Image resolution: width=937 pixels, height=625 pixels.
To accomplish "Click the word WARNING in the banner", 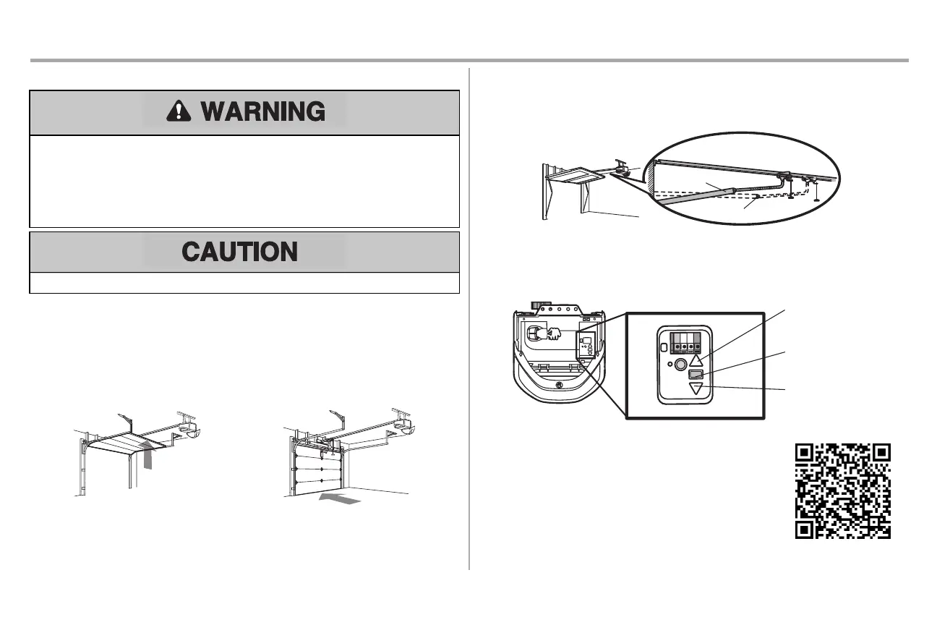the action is tap(262, 111).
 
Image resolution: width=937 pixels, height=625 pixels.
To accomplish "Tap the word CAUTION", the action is tap(239, 252).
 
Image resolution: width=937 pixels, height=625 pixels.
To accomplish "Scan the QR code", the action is tap(843, 490).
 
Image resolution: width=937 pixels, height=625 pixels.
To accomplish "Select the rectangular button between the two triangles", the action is tap(696, 374).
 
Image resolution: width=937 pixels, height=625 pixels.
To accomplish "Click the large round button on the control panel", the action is tap(680, 366).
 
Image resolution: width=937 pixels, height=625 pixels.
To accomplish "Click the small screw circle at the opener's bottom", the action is tap(558, 386).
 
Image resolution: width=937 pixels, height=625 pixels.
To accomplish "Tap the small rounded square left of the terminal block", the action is tap(662, 348).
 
